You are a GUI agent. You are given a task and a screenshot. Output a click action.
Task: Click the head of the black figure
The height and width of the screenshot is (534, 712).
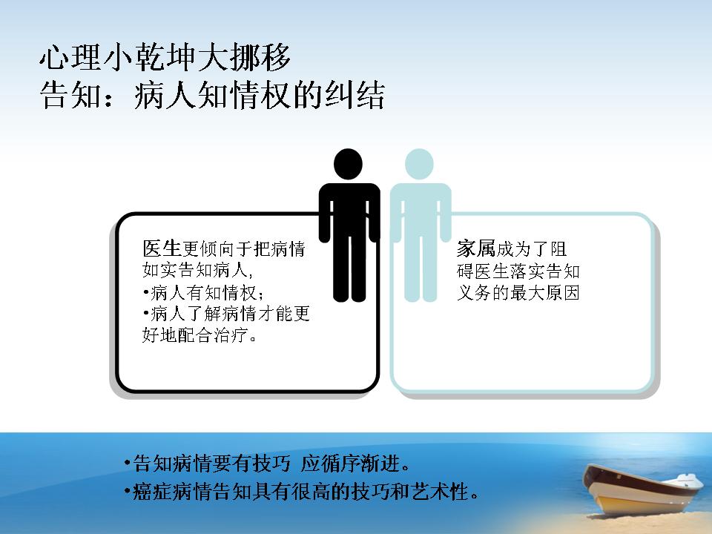(349, 164)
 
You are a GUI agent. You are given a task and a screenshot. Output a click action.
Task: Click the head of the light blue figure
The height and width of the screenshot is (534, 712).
(419, 164)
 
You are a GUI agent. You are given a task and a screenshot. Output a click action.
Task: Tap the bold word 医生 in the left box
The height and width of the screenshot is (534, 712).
(162, 248)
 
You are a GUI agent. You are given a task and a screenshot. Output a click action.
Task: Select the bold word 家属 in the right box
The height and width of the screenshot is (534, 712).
(476, 249)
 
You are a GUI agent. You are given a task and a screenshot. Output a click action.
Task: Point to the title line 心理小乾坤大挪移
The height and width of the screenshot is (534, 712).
(165, 57)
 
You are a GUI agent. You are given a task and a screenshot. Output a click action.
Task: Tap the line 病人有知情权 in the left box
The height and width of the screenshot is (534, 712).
(203, 292)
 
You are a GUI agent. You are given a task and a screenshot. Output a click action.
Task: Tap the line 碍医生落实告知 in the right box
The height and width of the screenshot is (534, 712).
(518, 271)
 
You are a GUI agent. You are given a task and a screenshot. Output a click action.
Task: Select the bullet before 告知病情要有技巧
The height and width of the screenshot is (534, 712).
(128, 463)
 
